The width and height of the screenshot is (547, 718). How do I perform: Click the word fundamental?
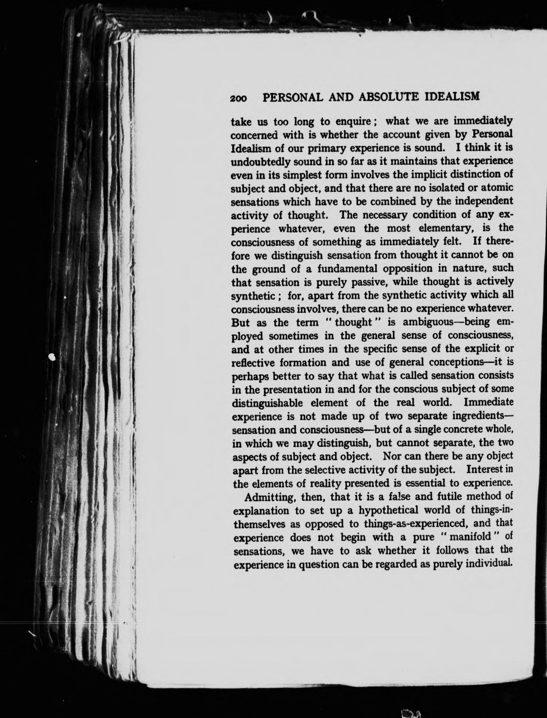point(346,269)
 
